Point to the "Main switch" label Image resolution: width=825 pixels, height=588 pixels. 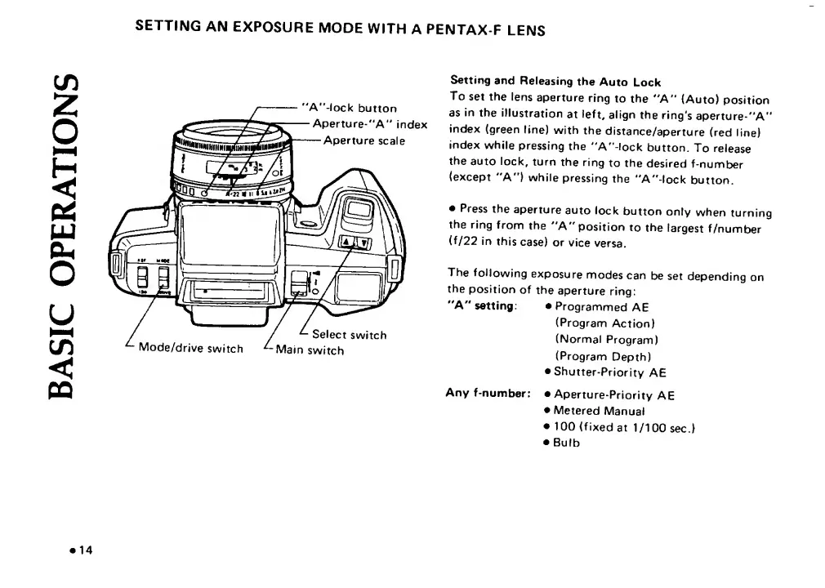coord(310,351)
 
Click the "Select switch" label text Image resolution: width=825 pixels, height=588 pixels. coord(350,334)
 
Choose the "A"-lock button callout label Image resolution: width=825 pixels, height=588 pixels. coord(350,109)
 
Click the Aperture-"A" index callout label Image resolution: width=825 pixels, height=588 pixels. coord(370,124)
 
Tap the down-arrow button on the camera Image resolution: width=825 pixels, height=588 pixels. coord(364,243)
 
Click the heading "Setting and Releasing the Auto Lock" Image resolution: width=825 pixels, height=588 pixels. coord(555,82)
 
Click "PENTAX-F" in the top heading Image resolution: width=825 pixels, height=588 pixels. coord(440,30)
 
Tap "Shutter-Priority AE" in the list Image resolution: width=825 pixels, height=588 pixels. coord(610,372)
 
